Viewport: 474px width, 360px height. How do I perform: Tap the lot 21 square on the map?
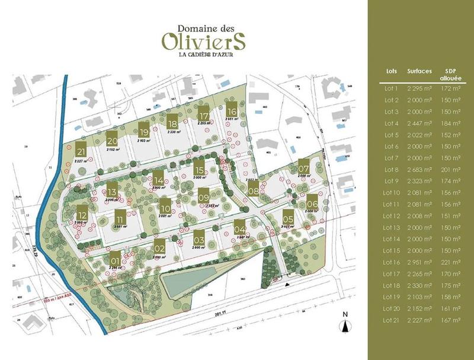[81, 150]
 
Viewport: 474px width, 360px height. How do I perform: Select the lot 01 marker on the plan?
[116, 259]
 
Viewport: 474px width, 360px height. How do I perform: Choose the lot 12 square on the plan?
[82, 214]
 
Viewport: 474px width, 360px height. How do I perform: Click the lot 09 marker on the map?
[203, 195]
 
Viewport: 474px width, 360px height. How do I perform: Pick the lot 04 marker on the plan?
[239, 227]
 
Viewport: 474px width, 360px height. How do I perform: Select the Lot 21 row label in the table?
[391, 321]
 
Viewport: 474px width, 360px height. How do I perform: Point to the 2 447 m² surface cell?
[419, 123]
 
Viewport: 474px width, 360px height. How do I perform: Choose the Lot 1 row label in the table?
[391, 88]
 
